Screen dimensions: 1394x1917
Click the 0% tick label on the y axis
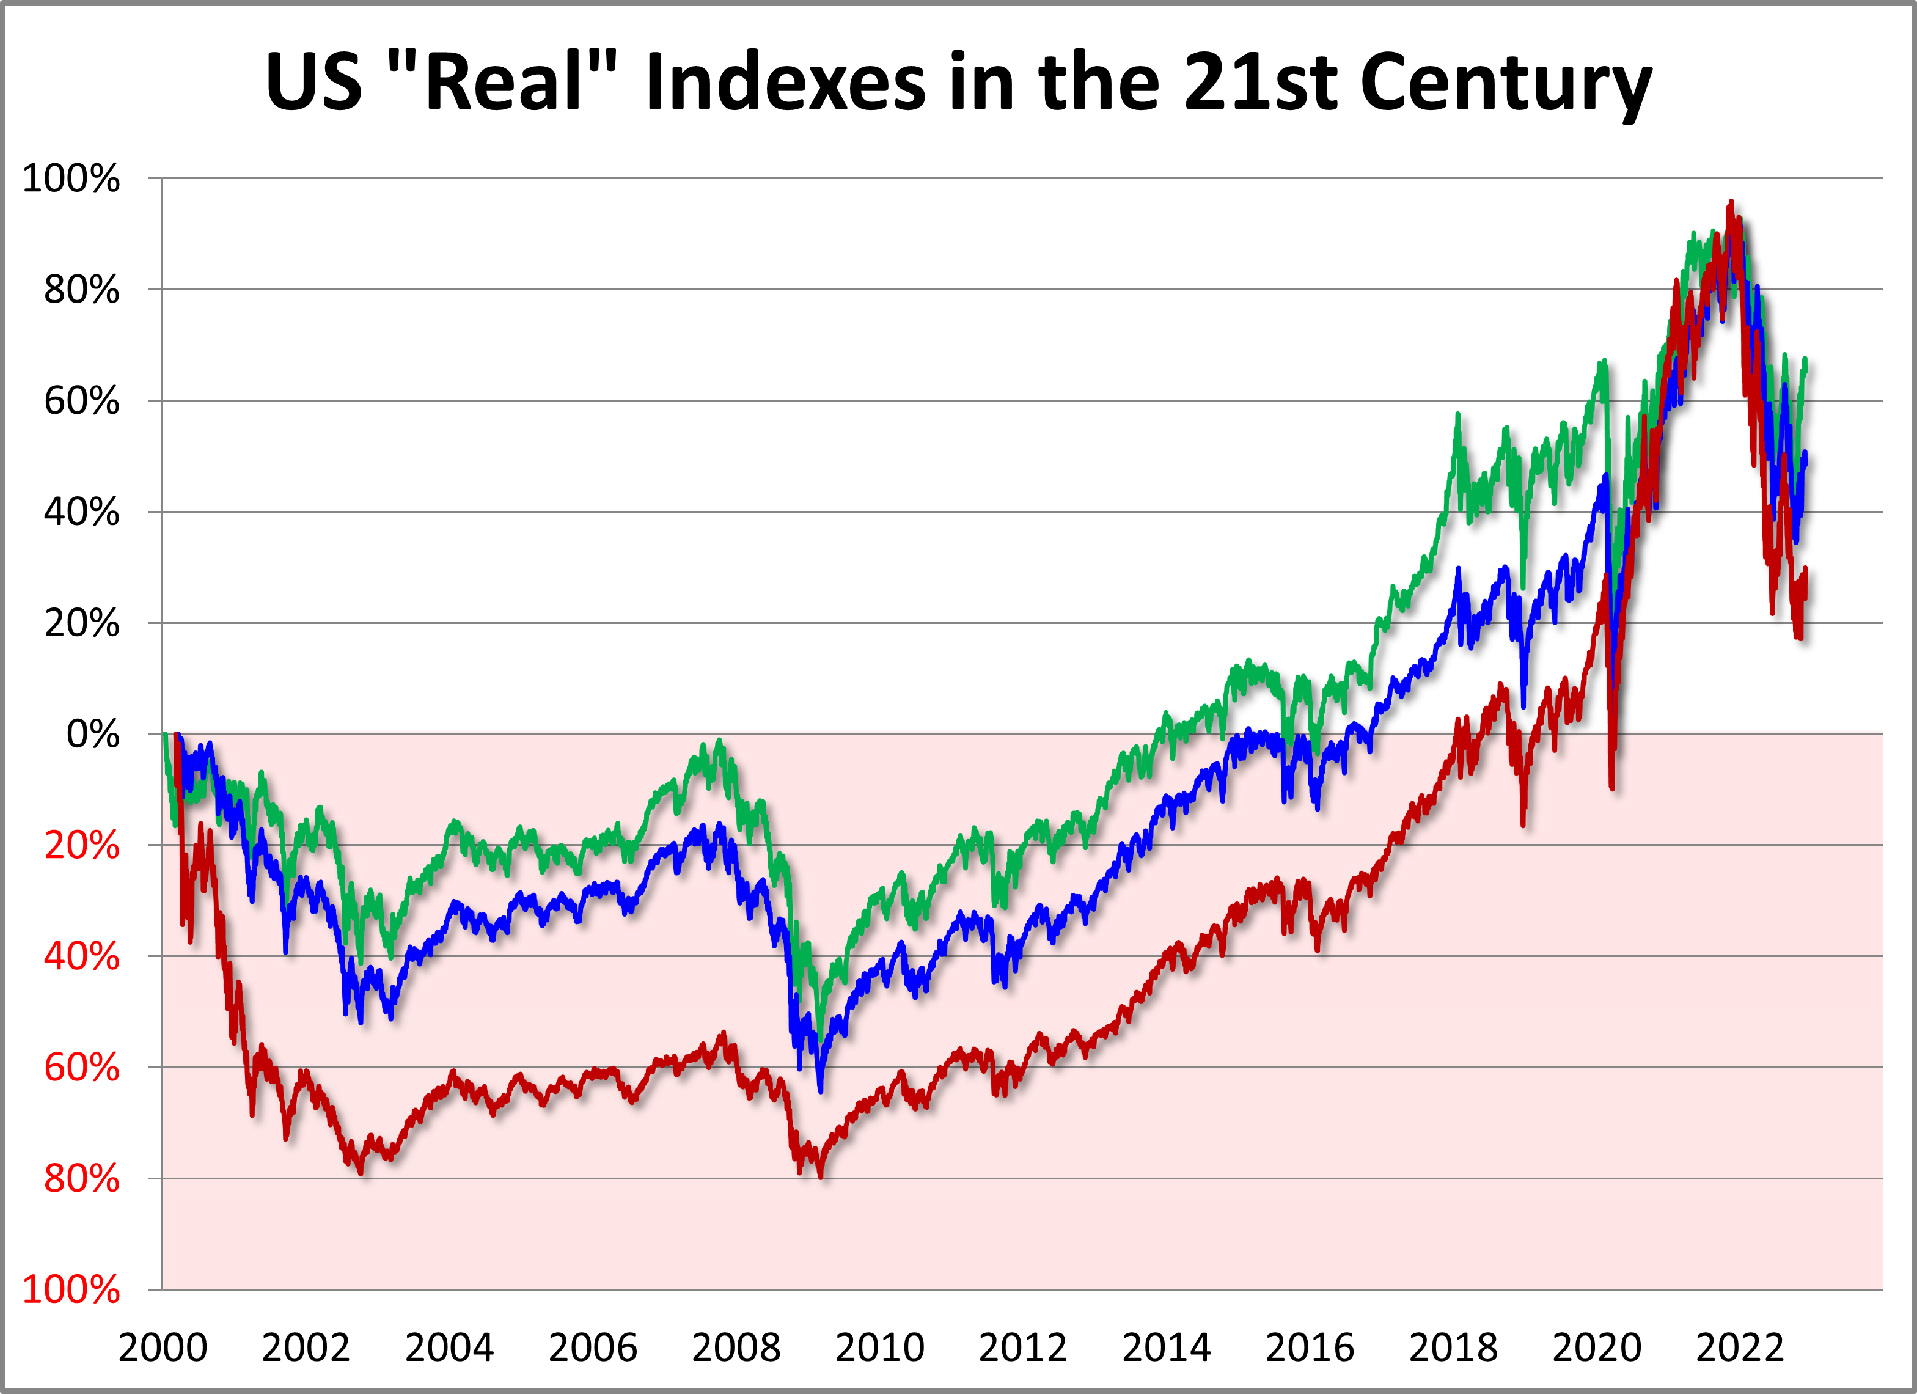(x=93, y=734)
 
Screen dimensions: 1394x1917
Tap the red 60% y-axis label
(x=81, y=1068)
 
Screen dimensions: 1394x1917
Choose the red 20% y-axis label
(x=81, y=845)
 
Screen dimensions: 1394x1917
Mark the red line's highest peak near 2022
(x=1730, y=203)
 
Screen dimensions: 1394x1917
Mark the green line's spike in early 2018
(x=1457, y=415)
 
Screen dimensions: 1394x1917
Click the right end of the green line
(x=1805, y=360)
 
